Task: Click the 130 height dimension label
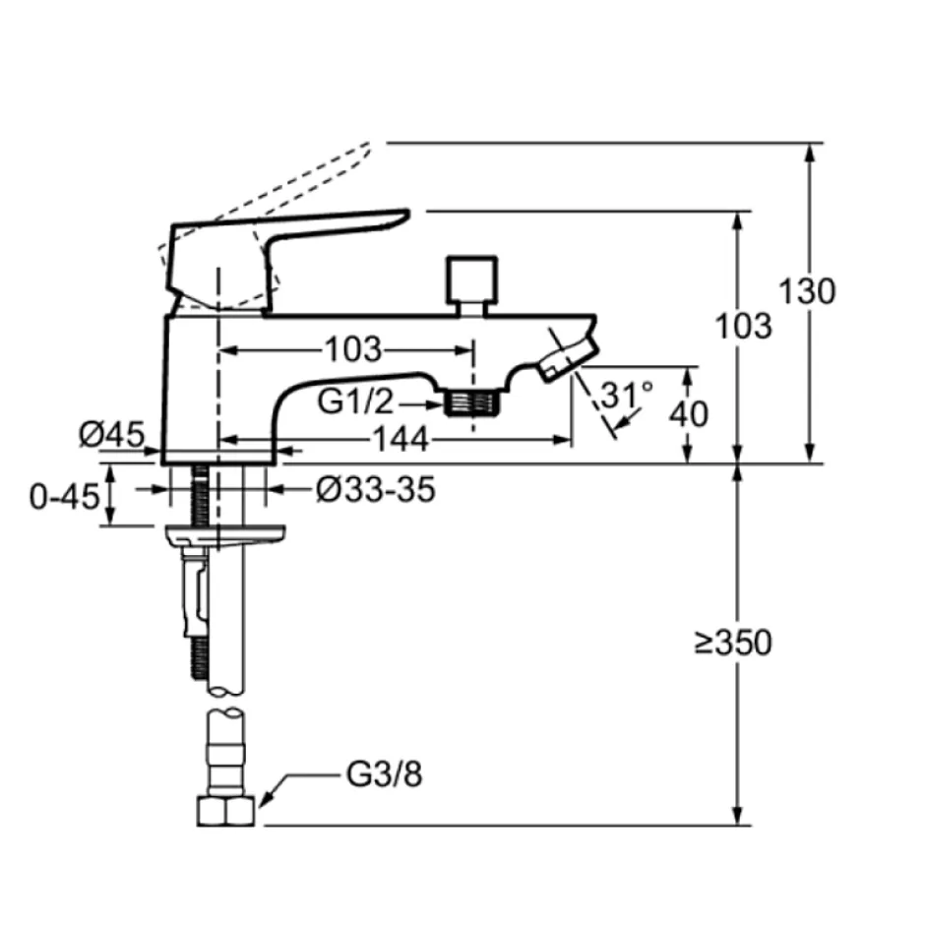pos(807,291)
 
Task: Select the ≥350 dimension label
pos(733,643)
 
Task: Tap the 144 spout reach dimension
pos(401,440)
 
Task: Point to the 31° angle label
pos(627,394)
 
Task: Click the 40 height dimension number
pos(689,413)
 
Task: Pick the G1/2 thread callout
pos(355,401)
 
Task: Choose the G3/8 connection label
pos(384,774)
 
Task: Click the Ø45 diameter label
pos(111,435)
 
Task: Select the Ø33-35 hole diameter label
pos(376,489)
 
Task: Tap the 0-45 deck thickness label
pos(64,496)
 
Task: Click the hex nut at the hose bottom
pos(226,810)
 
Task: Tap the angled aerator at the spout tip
pos(567,358)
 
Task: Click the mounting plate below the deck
pos(225,534)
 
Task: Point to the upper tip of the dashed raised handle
pos(369,144)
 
